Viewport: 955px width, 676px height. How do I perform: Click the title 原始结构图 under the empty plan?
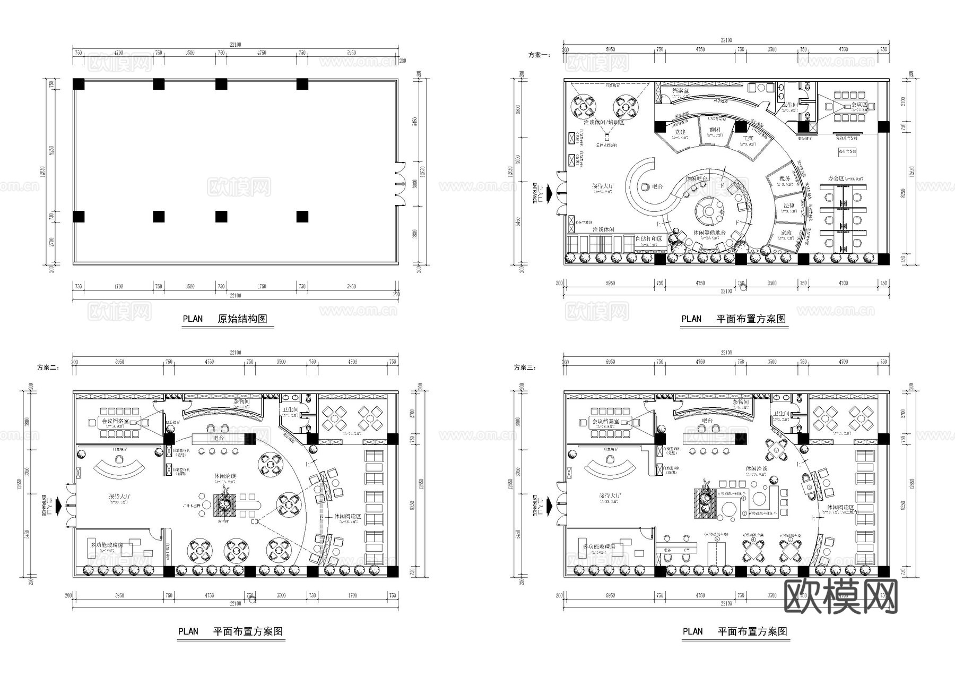coord(242,319)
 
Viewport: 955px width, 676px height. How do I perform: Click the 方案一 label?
coord(539,55)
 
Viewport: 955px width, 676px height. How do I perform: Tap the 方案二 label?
coord(48,367)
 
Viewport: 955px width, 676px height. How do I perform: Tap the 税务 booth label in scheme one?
coord(785,178)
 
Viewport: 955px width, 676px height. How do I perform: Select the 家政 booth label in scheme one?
coord(786,233)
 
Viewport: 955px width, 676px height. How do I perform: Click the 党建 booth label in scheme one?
coord(680,132)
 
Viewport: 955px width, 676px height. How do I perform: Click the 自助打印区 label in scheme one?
coord(649,239)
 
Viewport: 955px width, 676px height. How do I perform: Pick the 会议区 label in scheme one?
coord(858,105)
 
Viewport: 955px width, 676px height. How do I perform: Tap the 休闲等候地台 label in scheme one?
coord(709,233)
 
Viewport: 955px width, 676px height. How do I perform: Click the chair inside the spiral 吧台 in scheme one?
coord(645,187)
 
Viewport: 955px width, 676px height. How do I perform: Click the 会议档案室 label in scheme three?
coord(604,421)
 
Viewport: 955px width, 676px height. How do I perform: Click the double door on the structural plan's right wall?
coord(400,184)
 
